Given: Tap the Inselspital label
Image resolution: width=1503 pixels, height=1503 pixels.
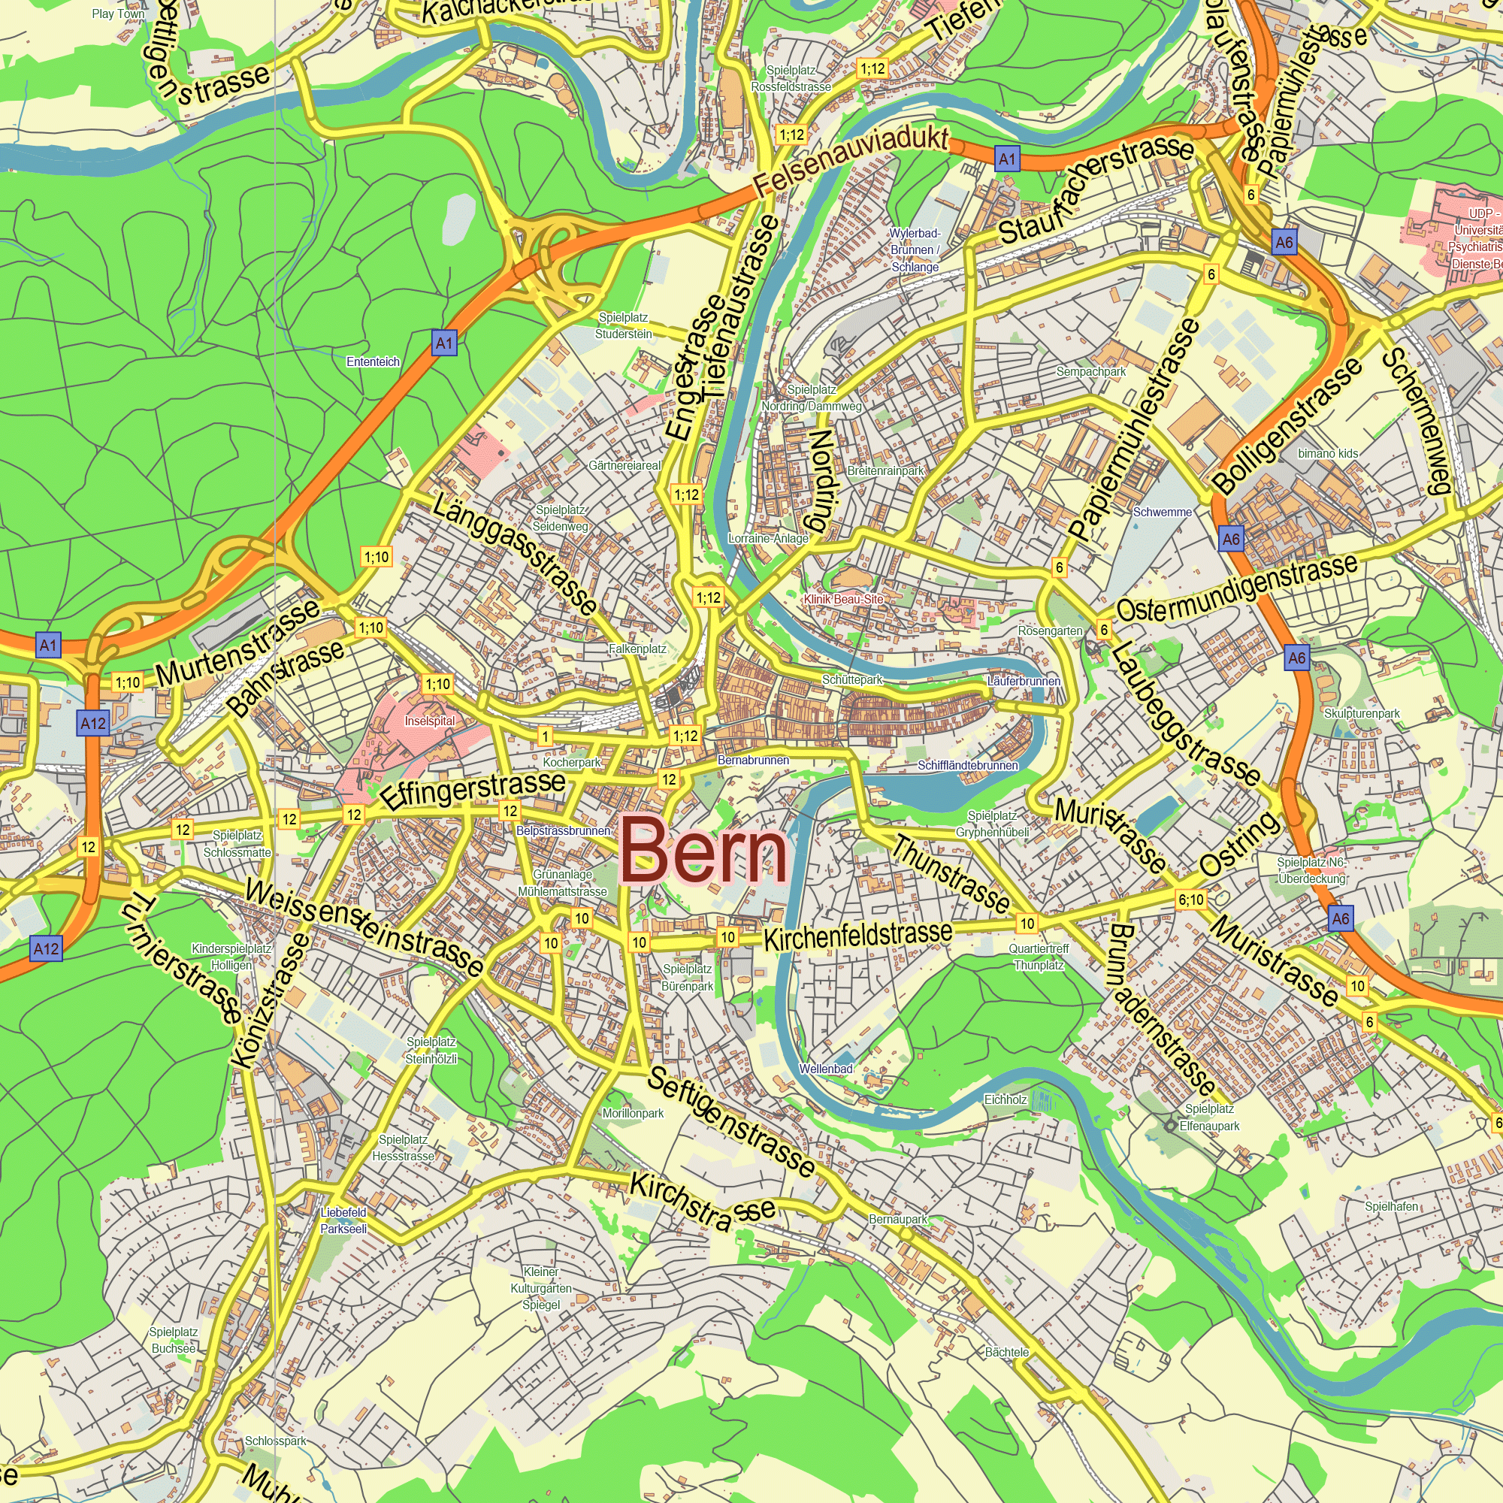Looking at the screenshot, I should point(429,721).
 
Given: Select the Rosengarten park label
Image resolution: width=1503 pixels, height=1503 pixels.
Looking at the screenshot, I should point(1051,631).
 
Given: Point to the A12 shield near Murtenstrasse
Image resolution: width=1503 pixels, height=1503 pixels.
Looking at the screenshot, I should point(93,724).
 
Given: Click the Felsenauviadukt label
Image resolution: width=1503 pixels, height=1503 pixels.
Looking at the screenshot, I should point(851,161).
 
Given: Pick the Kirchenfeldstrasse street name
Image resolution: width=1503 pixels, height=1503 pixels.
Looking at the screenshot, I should point(857,934).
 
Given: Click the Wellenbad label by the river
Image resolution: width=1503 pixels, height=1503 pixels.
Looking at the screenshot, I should point(826,1069).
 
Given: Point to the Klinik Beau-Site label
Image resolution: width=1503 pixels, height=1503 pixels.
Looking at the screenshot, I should point(844,599).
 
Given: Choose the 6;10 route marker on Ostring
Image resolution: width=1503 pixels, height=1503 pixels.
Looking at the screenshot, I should point(1190,900).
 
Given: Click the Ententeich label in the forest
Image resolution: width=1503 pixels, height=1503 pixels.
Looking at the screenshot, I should point(373,361).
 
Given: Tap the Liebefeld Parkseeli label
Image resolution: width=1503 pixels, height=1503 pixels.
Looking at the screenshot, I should point(343,1220).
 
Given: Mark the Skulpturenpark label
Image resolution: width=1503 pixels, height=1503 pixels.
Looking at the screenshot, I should point(1362,713).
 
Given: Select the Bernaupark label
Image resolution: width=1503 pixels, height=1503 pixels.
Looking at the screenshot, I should point(898,1219).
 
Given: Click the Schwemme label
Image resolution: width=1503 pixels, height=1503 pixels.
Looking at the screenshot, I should point(1163,512).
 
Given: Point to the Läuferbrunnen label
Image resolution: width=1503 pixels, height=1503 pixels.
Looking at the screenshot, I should point(1024,682).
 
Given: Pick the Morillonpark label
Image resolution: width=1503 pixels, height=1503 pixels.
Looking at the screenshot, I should point(634,1113).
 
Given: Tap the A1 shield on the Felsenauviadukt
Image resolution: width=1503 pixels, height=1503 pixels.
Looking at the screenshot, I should point(1007,159).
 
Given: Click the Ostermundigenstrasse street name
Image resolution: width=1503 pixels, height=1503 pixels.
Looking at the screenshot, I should point(1237,588).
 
